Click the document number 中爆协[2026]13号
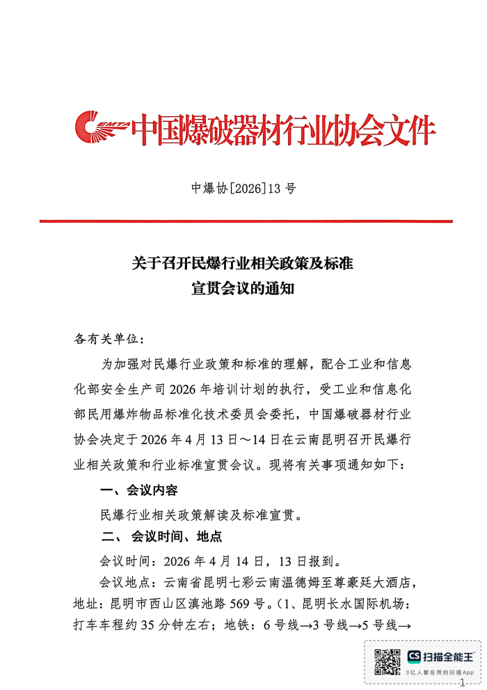(x=243, y=188)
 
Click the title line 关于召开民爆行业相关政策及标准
(x=243, y=264)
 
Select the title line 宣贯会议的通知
(x=243, y=288)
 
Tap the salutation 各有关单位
(x=108, y=339)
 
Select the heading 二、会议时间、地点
(x=161, y=537)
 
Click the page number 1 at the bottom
(x=462, y=684)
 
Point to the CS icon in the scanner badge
(x=415, y=657)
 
